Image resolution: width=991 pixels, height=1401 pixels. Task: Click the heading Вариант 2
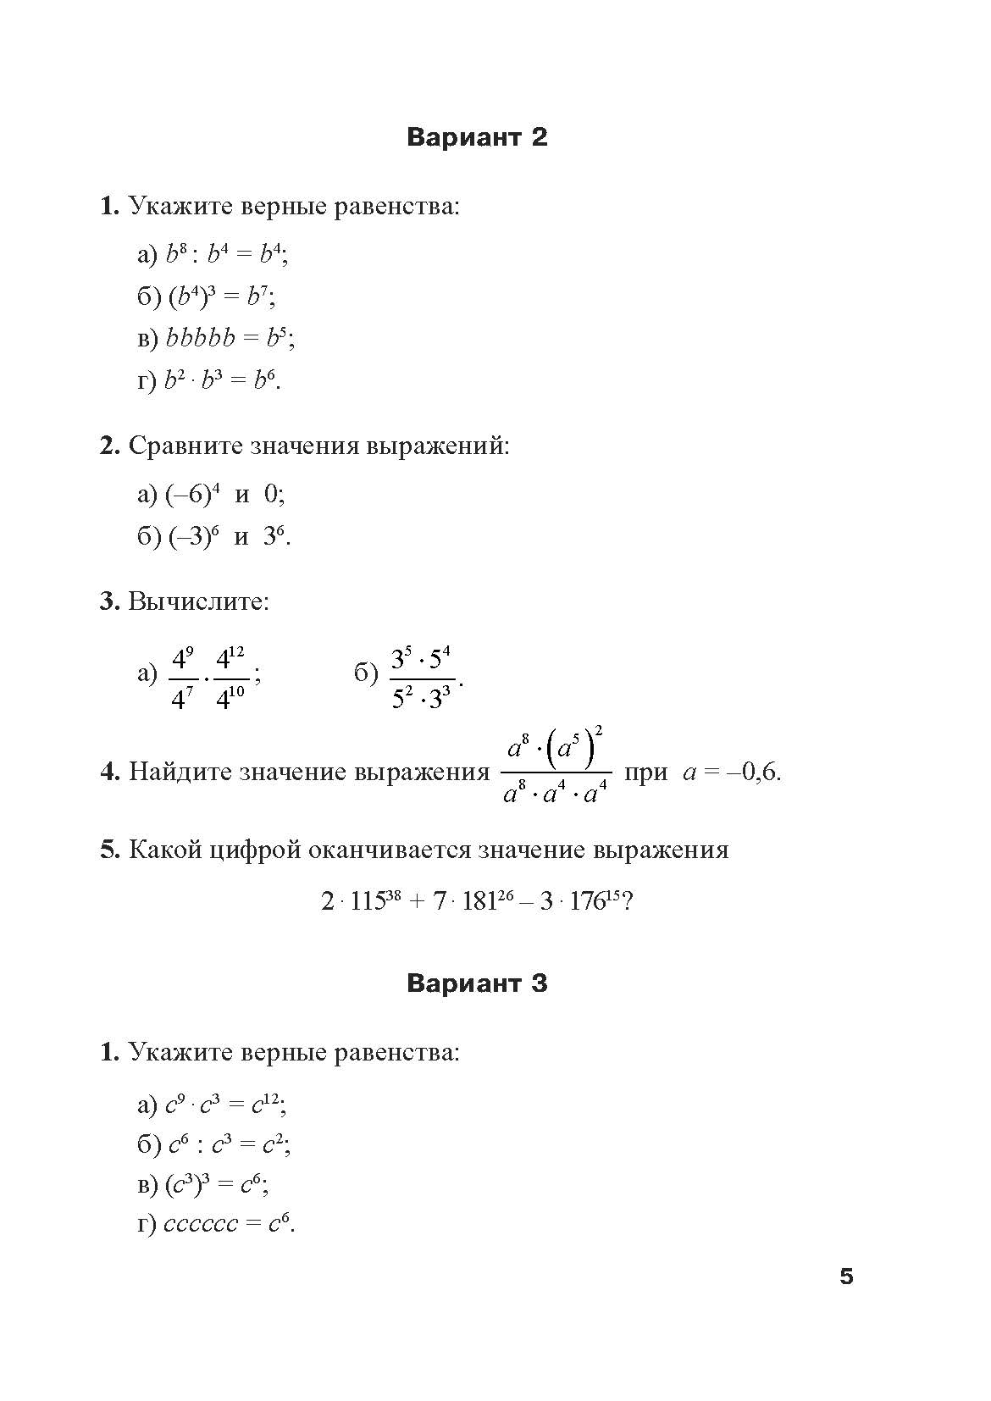[x=477, y=137]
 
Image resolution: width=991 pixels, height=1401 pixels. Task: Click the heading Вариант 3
[x=477, y=983]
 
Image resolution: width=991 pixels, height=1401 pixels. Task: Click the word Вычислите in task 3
[x=197, y=601]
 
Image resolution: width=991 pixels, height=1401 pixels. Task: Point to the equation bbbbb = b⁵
[x=230, y=338]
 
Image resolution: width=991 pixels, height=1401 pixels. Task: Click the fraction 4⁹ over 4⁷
[x=182, y=678]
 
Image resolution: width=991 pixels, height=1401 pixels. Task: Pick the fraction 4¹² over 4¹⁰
[x=230, y=678]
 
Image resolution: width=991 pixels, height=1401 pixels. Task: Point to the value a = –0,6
[x=731, y=772]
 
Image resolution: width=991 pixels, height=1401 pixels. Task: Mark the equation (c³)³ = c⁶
[x=216, y=1184]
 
